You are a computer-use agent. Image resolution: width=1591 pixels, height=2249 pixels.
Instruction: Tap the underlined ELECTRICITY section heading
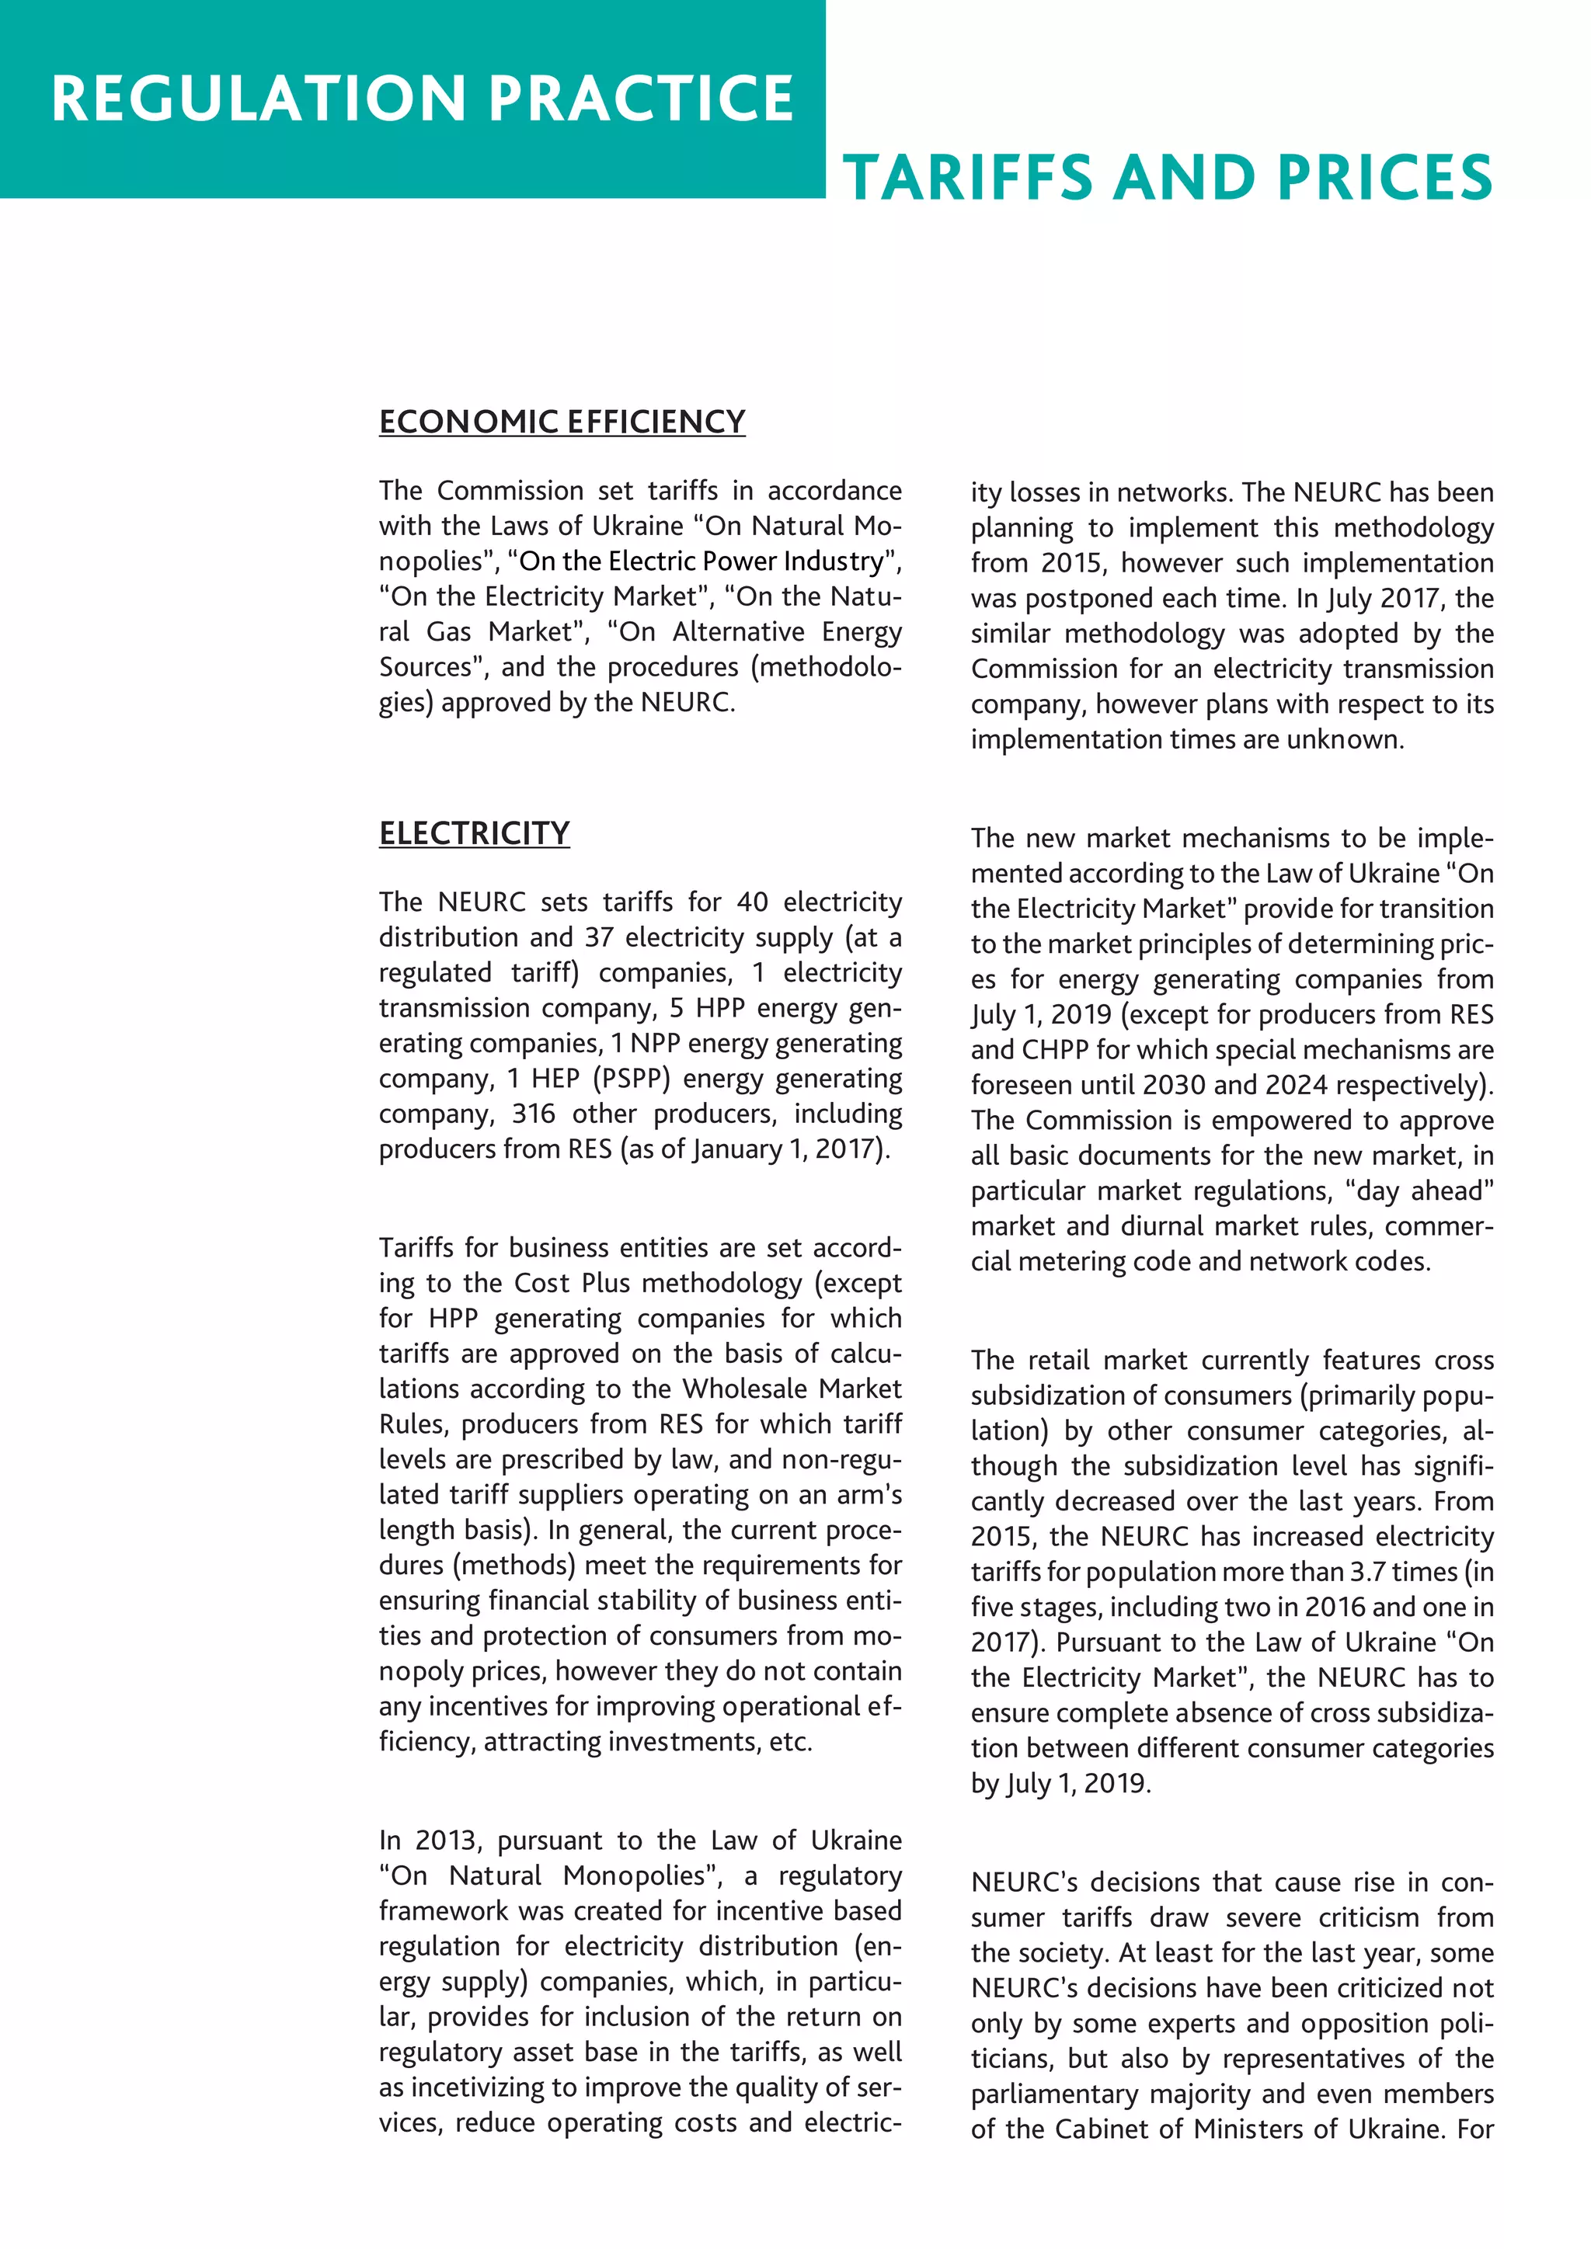474,833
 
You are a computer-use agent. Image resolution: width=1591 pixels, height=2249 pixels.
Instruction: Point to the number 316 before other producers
533,1114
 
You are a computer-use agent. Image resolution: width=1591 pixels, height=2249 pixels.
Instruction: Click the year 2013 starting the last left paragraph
446,1841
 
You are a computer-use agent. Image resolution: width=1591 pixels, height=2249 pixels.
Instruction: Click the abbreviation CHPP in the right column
1056,1050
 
